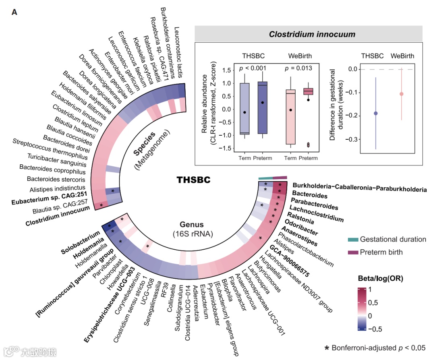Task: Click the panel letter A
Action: point(14,12)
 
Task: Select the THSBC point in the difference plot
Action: point(376,113)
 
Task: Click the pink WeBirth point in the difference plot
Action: point(401,94)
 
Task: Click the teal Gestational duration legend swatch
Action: point(353,240)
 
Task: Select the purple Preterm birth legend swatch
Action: point(353,252)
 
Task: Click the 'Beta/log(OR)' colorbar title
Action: point(380,278)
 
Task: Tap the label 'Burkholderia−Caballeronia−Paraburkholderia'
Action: point(359,189)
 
